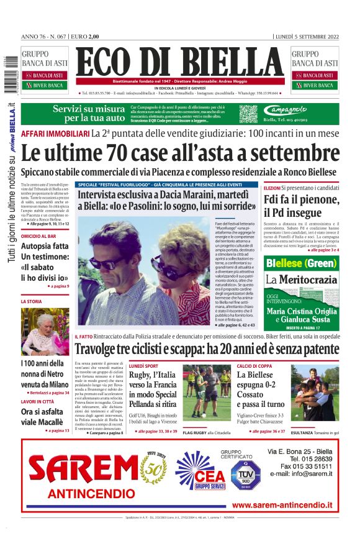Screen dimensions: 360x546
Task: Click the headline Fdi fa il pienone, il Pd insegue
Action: tap(300, 206)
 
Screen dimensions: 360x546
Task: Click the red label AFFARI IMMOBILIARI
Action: tap(55, 134)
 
